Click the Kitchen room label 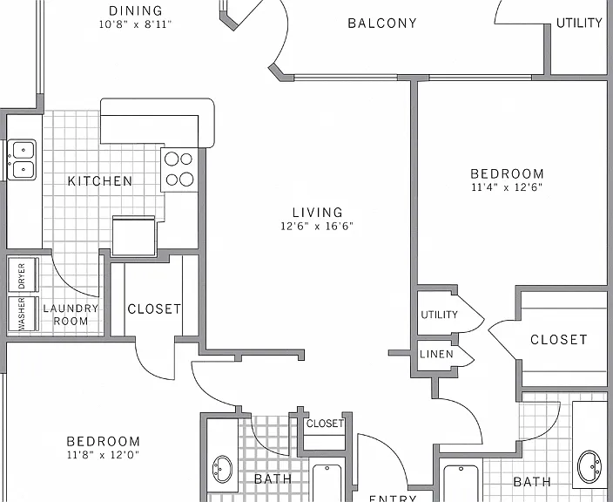[100, 181]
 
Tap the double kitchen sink [23, 159]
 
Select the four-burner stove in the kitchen [180, 169]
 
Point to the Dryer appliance [23, 275]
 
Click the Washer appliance [23, 314]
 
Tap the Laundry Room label [71, 315]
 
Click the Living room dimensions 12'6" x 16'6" [317, 226]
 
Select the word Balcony [382, 23]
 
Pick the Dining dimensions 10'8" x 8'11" [135, 24]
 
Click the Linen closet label [436, 354]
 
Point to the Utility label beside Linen [439, 315]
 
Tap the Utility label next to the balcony [579, 23]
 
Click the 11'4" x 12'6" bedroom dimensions [507, 187]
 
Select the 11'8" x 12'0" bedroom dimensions [104, 455]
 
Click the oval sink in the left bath [222, 468]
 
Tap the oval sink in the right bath [589, 467]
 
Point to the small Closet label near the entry [325, 424]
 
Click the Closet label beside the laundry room [154, 309]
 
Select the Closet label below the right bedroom [559, 340]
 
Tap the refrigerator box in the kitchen [134, 235]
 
